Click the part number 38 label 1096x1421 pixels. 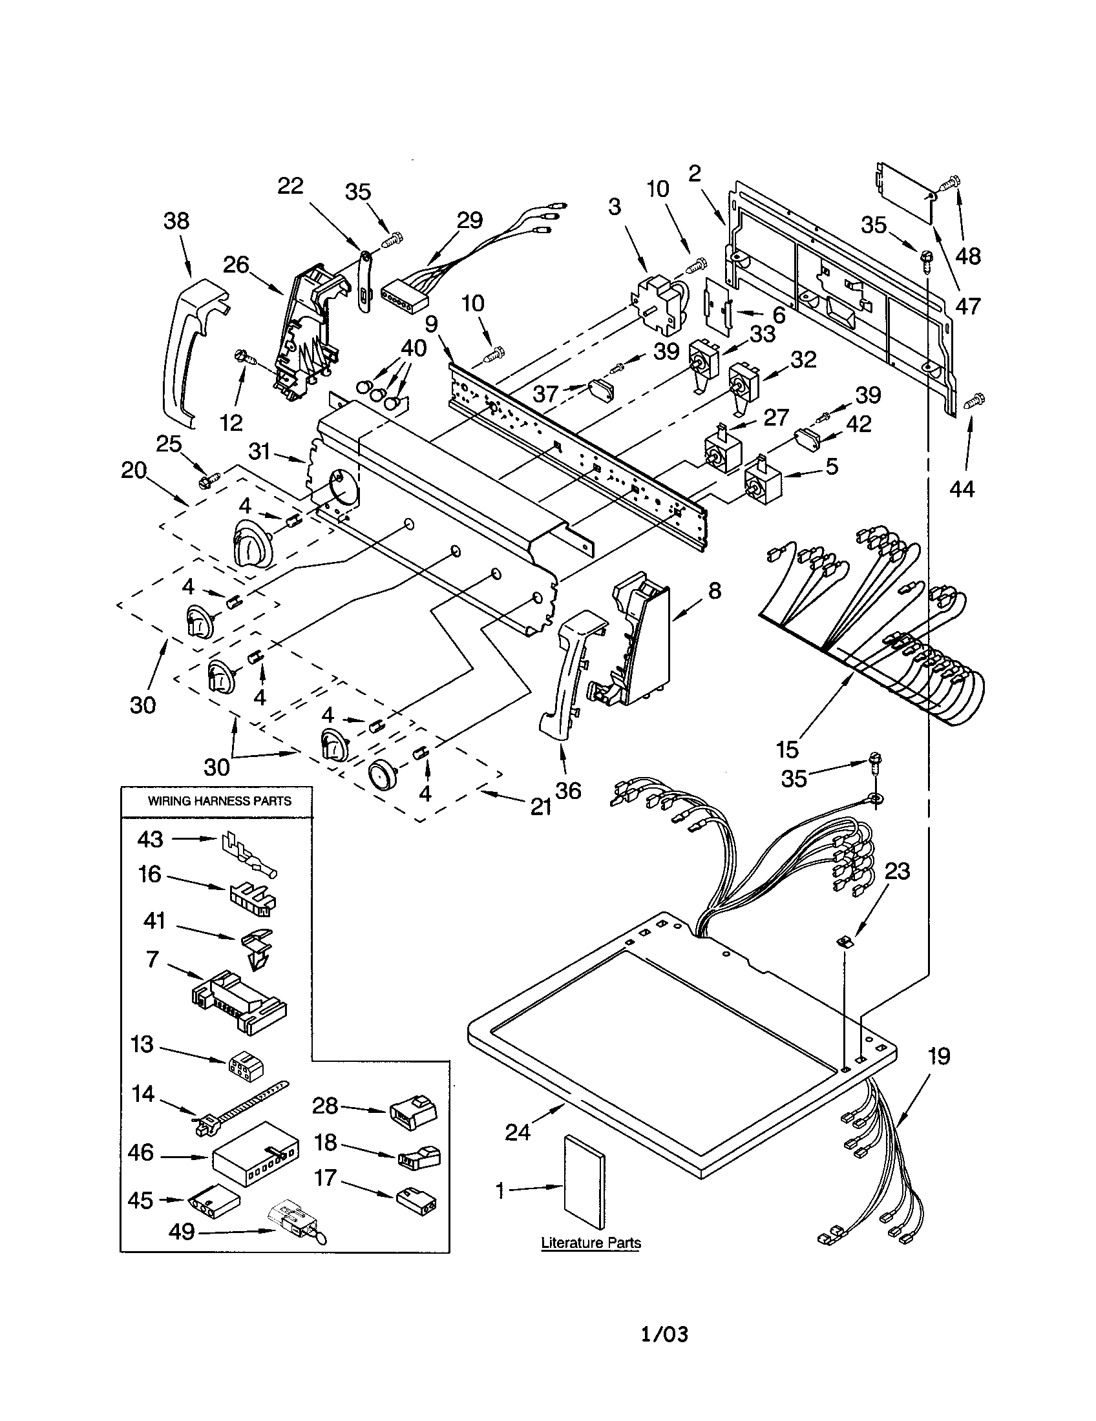176,220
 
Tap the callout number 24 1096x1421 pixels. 518,1132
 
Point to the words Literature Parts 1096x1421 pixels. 591,1243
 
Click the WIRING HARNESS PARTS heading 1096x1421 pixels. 219,801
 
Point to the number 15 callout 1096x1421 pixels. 787,749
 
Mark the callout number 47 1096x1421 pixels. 968,305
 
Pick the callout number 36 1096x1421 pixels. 568,791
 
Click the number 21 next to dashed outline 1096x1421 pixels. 541,807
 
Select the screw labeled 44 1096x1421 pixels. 975,400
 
